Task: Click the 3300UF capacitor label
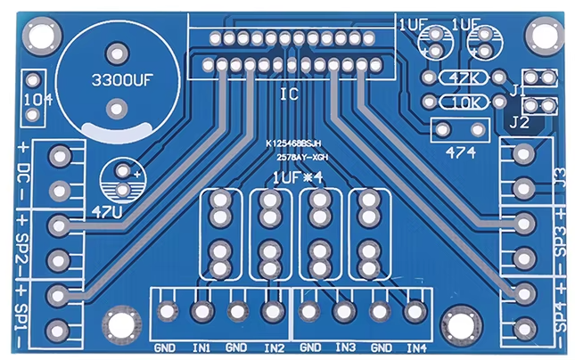pyautogui.click(x=122, y=80)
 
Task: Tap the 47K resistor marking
pyautogui.click(x=464, y=78)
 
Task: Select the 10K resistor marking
pyautogui.click(x=465, y=103)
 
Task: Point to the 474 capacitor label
pyautogui.click(x=461, y=152)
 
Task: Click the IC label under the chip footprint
pyautogui.click(x=290, y=94)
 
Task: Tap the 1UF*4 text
pyautogui.click(x=298, y=178)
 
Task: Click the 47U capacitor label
pyautogui.click(x=107, y=211)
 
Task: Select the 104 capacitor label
pyautogui.click(x=38, y=100)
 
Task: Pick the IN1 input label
pyautogui.click(x=201, y=348)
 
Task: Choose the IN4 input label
pyautogui.click(x=416, y=348)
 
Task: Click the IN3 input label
pyautogui.click(x=345, y=348)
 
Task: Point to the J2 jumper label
pyautogui.click(x=519, y=123)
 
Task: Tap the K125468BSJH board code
pyautogui.click(x=293, y=143)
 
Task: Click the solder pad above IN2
pyautogui.click(x=273, y=312)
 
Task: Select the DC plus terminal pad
pyautogui.click(x=60, y=156)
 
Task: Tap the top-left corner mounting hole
pyautogui.click(x=41, y=36)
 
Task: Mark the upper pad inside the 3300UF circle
pyautogui.click(x=118, y=53)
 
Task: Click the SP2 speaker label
pyautogui.click(x=22, y=249)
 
